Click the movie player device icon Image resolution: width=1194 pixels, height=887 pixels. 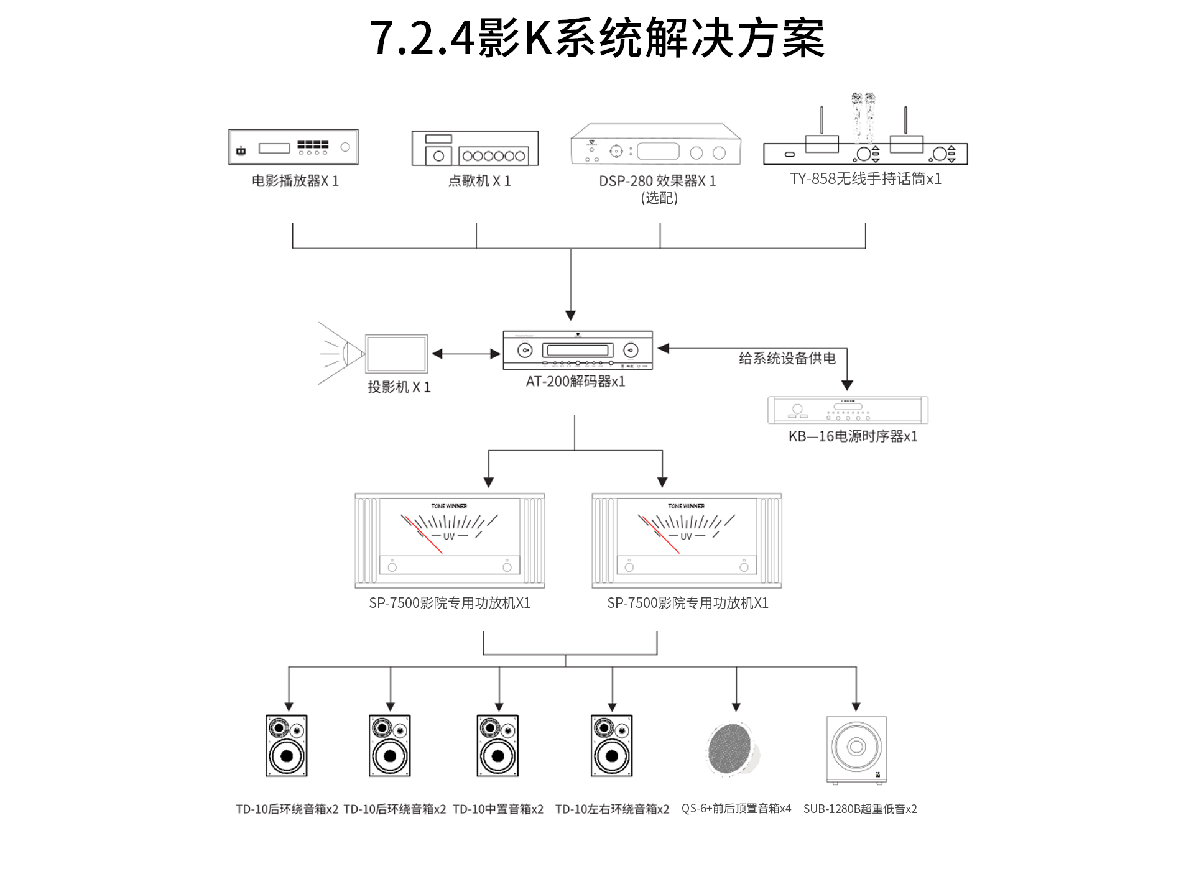tap(293, 147)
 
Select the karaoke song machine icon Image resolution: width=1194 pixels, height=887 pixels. tap(474, 149)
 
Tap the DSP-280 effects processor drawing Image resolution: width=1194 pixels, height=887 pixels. tap(655, 145)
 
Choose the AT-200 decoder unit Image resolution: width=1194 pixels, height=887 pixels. tap(578, 351)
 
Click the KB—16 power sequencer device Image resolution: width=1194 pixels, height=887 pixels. tap(848, 410)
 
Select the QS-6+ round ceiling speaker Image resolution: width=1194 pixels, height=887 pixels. tap(734, 748)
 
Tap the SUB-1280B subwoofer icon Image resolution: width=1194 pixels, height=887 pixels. tap(856, 749)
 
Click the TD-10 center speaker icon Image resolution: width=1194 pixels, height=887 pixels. tap(497, 746)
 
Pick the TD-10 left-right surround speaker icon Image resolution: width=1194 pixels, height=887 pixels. tap(611, 746)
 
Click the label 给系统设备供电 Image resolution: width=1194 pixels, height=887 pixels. tap(787, 358)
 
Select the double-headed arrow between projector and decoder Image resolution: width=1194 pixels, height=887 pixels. tap(466, 354)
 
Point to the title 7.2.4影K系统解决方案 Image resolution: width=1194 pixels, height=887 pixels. tap(597, 39)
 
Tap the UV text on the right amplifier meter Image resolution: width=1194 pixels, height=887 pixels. tap(686, 536)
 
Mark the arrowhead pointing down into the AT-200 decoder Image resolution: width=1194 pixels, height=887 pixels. tap(571, 315)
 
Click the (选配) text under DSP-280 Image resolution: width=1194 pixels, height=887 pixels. tap(659, 198)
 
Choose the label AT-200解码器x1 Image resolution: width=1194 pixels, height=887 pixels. tap(575, 382)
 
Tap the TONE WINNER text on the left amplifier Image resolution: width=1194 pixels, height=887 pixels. tap(449, 506)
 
